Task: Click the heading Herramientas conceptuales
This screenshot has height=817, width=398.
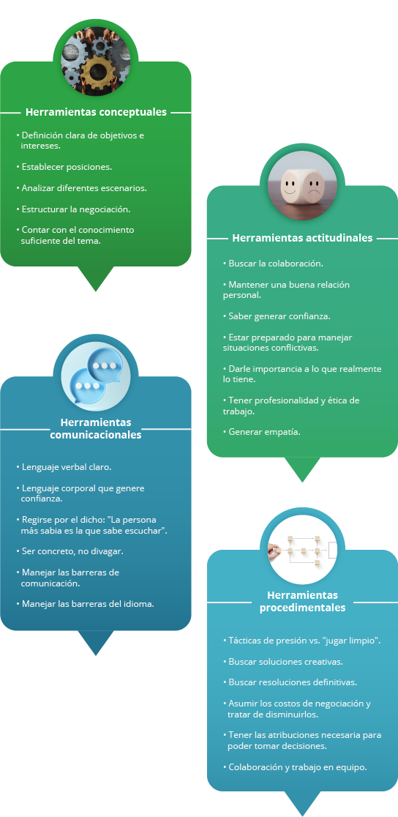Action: click(96, 112)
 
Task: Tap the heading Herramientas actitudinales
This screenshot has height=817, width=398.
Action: click(302, 238)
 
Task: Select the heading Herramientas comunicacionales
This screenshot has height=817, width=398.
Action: click(96, 428)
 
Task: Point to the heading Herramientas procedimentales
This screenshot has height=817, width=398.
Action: click(302, 601)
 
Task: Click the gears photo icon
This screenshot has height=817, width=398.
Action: click(95, 61)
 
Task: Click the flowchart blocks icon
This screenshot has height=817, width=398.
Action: click(302, 549)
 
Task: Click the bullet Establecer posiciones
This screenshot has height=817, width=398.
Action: click(64, 167)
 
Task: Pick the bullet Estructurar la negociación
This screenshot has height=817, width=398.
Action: click(73, 209)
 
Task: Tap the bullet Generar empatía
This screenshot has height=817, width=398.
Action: click(261, 432)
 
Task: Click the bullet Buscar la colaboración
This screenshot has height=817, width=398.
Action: click(273, 264)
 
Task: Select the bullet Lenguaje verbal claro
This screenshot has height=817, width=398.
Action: click(64, 467)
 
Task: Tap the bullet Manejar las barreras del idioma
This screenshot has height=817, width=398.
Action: click(85, 604)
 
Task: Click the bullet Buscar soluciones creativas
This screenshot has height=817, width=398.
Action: click(282, 662)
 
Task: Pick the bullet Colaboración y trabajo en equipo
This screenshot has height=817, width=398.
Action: click(295, 767)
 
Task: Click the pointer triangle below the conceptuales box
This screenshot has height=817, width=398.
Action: click(95, 278)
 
